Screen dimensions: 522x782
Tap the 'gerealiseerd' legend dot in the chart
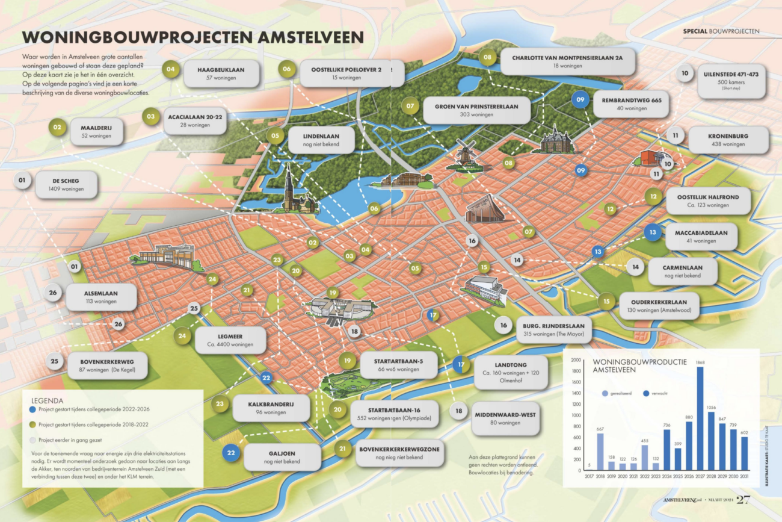(605, 393)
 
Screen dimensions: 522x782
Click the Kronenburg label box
(728, 140)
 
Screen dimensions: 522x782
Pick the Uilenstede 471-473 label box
(731, 82)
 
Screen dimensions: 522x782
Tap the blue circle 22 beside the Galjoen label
(230, 452)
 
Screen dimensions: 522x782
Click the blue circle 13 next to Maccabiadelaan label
(653, 232)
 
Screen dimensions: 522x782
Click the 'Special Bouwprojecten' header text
(721, 31)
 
